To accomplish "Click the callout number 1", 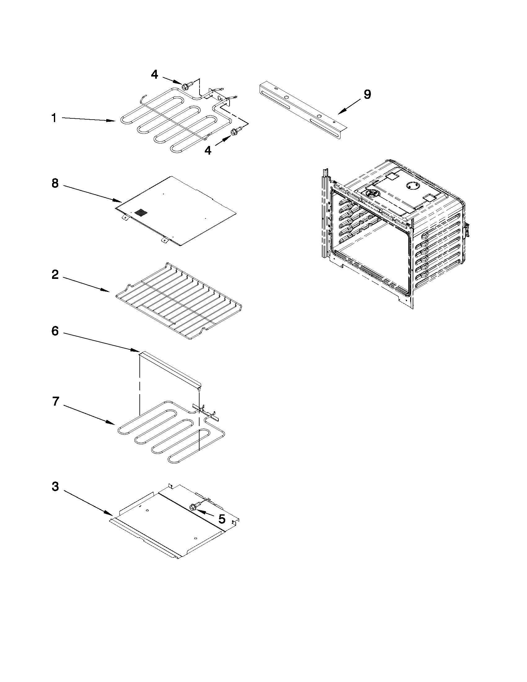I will [x=54, y=118].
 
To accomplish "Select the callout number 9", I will [x=367, y=94].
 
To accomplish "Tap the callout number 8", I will [x=55, y=183].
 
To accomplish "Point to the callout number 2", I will [x=55, y=275].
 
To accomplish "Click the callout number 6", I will [x=55, y=331].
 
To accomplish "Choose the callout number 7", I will [x=55, y=401].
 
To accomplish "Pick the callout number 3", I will [x=55, y=486].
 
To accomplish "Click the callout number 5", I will [x=222, y=519].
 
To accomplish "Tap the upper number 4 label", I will [x=155, y=74].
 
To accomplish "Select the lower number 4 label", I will [x=208, y=151].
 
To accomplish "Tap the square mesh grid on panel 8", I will [x=140, y=213].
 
